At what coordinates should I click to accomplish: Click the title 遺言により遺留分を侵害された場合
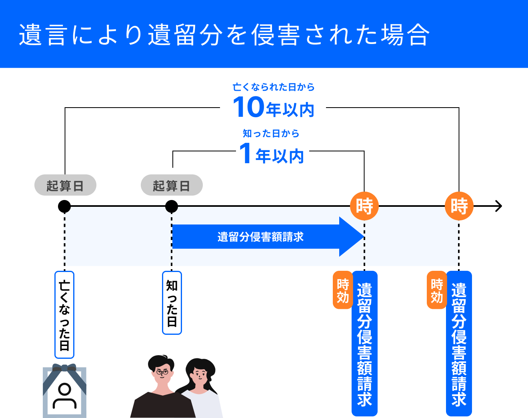pyautogui.click(x=224, y=35)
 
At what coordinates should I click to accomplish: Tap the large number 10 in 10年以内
pyautogui.click(x=248, y=107)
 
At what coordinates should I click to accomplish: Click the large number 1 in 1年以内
pyautogui.click(x=245, y=154)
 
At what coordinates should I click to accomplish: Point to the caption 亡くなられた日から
pyautogui.click(x=274, y=87)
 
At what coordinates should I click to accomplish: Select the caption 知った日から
pyautogui.click(x=271, y=134)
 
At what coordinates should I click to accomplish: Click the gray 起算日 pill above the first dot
pyautogui.click(x=65, y=186)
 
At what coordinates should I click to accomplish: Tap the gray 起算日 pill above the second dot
pyautogui.click(x=172, y=186)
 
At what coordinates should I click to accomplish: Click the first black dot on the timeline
pyautogui.click(x=64, y=206)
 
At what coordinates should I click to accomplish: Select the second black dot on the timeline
pyautogui.click(x=172, y=206)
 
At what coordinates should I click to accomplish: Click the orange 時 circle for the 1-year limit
pyautogui.click(x=364, y=206)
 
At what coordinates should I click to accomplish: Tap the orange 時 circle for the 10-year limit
pyautogui.click(x=459, y=206)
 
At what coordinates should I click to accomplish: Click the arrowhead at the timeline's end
pyautogui.click(x=498, y=206)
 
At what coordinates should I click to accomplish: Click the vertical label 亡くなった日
pyautogui.click(x=64, y=315)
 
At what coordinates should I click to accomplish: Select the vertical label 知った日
pyautogui.click(x=172, y=303)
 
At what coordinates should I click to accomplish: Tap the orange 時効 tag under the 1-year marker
pyautogui.click(x=343, y=290)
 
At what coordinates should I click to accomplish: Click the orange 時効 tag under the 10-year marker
pyautogui.click(x=437, y=290)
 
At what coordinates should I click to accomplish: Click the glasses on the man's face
pyautogui.click(x=162, y=372)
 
